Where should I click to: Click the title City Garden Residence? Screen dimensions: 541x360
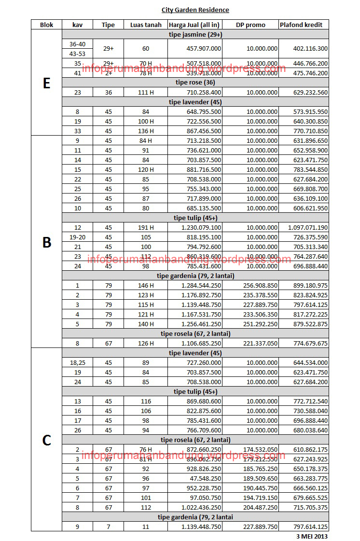coord(195,10)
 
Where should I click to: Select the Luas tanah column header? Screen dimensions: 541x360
coord(146,25)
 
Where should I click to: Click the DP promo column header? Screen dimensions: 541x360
coord(250,25)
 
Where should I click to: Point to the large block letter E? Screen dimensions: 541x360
coord(46,83)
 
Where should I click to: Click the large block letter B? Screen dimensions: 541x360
coord(46,242)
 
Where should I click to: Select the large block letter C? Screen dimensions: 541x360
coord(46,440)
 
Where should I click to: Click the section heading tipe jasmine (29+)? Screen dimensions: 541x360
coord(195,35)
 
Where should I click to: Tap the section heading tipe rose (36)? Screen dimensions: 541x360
coord(195,83)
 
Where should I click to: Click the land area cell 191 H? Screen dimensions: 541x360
coord(146,227)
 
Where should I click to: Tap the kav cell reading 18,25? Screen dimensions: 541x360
coord(77,362)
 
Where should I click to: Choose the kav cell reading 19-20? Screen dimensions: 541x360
coord(77,237)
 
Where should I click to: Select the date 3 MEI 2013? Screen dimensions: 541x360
coord(312,536)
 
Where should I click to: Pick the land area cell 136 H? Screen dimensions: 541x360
coord(146,131)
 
